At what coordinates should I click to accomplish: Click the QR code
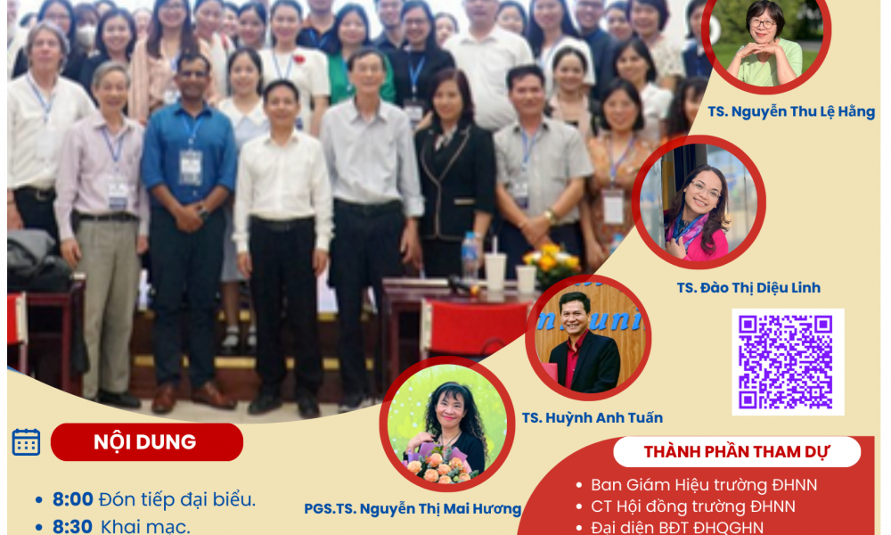pos(787,362)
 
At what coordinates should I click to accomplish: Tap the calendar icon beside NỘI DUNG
pos(26,441)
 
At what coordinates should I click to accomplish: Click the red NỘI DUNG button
pos(147,441)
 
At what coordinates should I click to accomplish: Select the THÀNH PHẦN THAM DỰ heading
pos(737,452)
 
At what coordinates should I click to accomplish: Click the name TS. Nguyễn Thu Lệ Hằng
pos(791,112)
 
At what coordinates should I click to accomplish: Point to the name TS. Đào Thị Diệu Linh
pos(748,288)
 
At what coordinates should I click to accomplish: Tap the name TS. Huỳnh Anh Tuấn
pos(593,418)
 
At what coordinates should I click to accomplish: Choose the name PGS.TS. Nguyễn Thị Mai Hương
pos(413,509)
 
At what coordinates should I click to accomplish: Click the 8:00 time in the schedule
pos(73,499)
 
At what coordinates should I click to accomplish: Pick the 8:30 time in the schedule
pos(73,526)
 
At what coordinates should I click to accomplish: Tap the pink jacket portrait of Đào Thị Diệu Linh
pos(699,202)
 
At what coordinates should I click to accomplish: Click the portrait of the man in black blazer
pos(588,338)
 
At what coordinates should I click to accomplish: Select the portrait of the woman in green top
pos(766,40)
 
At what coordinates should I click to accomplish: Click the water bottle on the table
pos(470,257)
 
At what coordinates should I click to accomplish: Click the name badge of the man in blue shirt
pos(191,167)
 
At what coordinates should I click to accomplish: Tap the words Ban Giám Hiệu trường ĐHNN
pos(704,485)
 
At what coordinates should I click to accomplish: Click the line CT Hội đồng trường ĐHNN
pos(693,506)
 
